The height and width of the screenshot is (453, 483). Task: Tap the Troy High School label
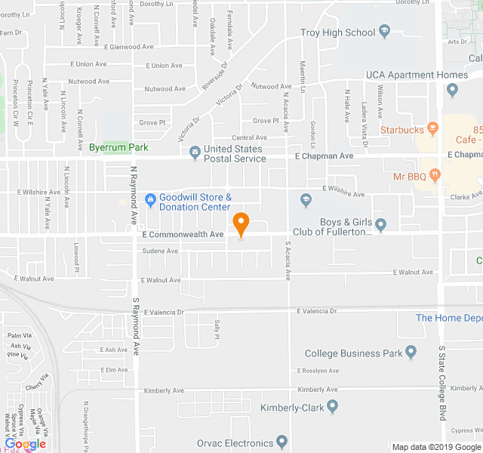(x=337, y=32)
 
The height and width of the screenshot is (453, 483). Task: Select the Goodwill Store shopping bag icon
(x=149, y=201)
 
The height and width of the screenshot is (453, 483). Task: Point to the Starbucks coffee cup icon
(x=432, y=129)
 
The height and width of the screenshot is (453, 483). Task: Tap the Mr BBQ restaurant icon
(x=435, y=176)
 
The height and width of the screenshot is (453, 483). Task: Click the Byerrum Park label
(x=118, y=147)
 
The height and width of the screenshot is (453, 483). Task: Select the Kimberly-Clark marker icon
(x=333, y=408)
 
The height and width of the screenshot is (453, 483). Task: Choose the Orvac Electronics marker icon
(x=281, y=442)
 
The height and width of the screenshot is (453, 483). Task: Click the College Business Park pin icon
(x=411, y=352)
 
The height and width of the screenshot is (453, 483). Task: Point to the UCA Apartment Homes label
(x=417, y=75)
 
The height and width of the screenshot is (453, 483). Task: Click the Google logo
(x=25, y=444)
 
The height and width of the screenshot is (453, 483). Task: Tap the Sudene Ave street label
(x=160, y=251)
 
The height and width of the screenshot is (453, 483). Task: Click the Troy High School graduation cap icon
(x=384, y=32)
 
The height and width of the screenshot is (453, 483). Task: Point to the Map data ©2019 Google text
(x=436, y=447)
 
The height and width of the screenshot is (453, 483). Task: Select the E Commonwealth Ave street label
(x=183, y=235)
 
